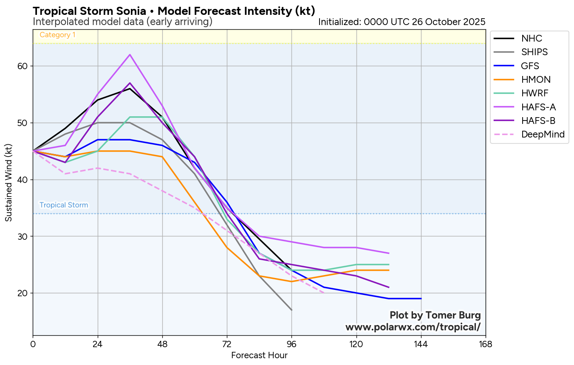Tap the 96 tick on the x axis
tap(291, 344)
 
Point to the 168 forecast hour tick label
tap(485, 344)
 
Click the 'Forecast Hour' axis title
tap(259, 356)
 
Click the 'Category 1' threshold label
tap(57, 35)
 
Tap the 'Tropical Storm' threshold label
tap(64, 205)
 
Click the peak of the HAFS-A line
tap(130, 55)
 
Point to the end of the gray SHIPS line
tap(291, 310)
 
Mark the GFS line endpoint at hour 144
tap(421, 299)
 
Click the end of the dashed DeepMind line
tap(324, 293)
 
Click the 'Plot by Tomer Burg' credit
tap(435, 315)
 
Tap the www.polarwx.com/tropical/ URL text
tap(413, 327)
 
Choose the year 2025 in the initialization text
tap(475, 22)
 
